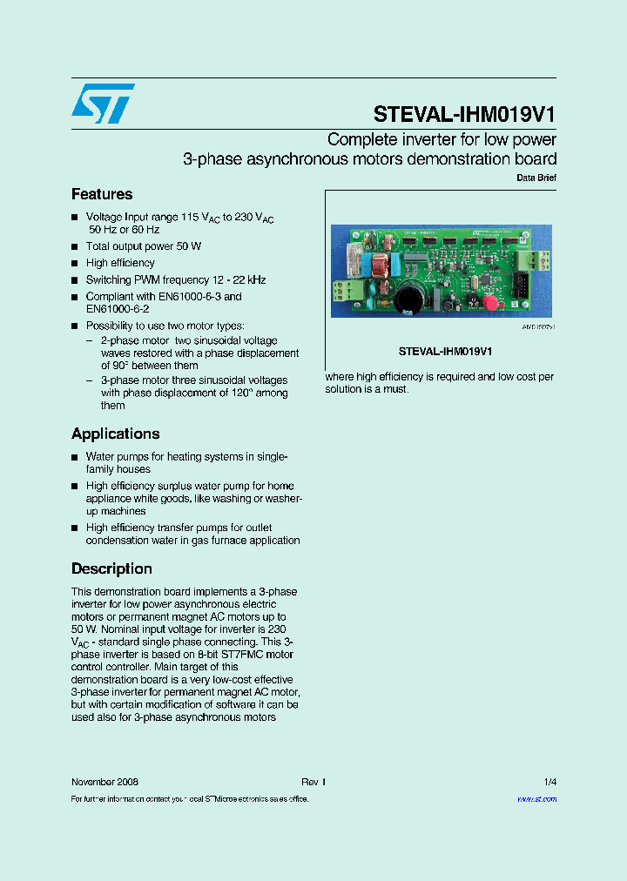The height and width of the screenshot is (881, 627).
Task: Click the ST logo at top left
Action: (x=103, y=104)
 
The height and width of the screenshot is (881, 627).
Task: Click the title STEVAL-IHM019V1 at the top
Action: (x=464, y=116)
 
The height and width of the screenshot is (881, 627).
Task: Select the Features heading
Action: (x=102, y=194)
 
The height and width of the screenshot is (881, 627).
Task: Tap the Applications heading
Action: (x=115, y=434)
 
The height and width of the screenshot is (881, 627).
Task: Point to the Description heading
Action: (x=111, y=568)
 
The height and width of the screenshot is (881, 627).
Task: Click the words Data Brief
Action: (x=536, y=178)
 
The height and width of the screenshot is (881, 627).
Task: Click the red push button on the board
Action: (x=490, y=302)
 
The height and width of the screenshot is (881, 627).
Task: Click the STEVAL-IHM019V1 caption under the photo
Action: (x=446, y=352)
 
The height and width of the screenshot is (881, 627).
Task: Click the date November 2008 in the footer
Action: (x=104, y=782)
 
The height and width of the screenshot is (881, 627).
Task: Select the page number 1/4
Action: (x=549, y=782)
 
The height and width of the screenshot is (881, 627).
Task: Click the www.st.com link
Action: (x=536, y=798)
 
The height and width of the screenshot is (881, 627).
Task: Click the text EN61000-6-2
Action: (x=118, y=308)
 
